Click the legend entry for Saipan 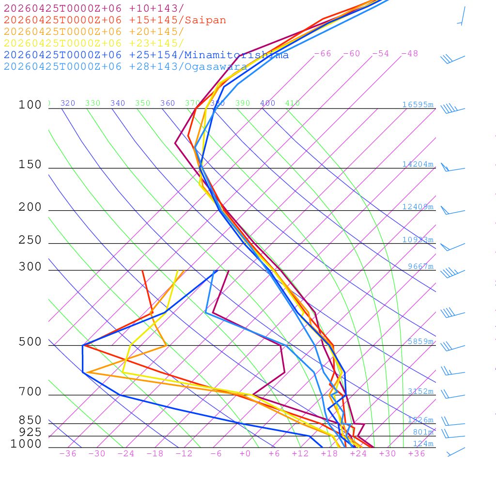(115, 20)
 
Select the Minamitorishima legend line (146, 55)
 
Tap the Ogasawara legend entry (125, 66)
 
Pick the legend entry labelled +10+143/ (94, 8)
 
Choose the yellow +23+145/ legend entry (94, 43)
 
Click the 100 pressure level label (30, 105)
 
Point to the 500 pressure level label (30, 342)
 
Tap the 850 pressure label (30, 420)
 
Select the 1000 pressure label (26, 444)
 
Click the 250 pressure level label (30, 240)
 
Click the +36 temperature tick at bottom (417, 453)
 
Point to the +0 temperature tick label (245, 453)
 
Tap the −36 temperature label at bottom (68, 453)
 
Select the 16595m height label (418, 105)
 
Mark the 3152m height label (420, 391)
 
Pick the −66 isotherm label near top (323, 53)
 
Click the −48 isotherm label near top (410, 53)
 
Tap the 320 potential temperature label (68, 103)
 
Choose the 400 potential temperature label (267, 103)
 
